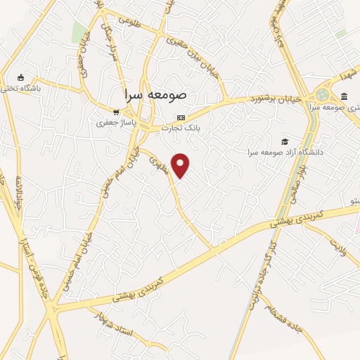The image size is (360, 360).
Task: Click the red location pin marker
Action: [181, 165]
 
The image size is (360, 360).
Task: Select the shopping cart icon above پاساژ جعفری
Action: [116, 111]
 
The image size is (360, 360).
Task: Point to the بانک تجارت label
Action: [181, 128]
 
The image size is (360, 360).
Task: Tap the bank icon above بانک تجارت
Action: [181, 117]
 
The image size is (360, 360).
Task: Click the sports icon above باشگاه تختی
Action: [20, 77]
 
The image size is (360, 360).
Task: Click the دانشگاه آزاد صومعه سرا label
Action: [284, 152]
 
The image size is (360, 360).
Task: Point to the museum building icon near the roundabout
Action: [344, 96]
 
